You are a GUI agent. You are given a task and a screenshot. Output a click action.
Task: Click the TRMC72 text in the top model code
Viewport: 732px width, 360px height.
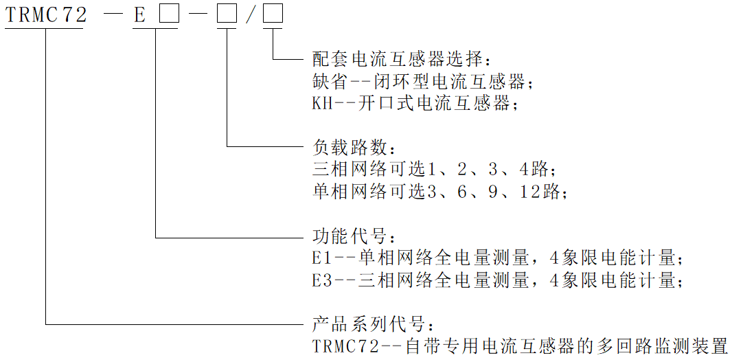click(46, 14)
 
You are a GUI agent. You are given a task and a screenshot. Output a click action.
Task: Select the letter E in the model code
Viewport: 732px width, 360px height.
click(139, 14)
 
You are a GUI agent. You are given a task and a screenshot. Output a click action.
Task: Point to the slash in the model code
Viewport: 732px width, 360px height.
click(249, 14)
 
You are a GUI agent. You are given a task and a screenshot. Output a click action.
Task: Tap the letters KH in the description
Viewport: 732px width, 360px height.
click(321, 104)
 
